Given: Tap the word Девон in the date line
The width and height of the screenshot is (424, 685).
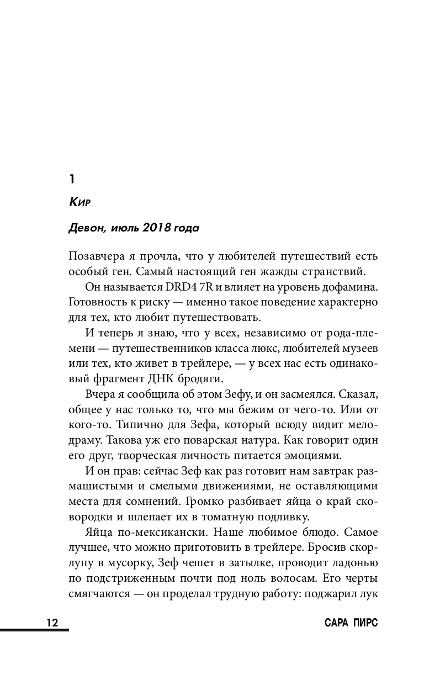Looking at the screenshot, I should (x=86, y=228).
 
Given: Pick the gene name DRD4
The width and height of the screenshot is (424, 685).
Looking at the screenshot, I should (x=180, y=288).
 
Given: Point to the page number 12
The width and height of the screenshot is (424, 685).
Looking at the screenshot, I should (x=52, y=623).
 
